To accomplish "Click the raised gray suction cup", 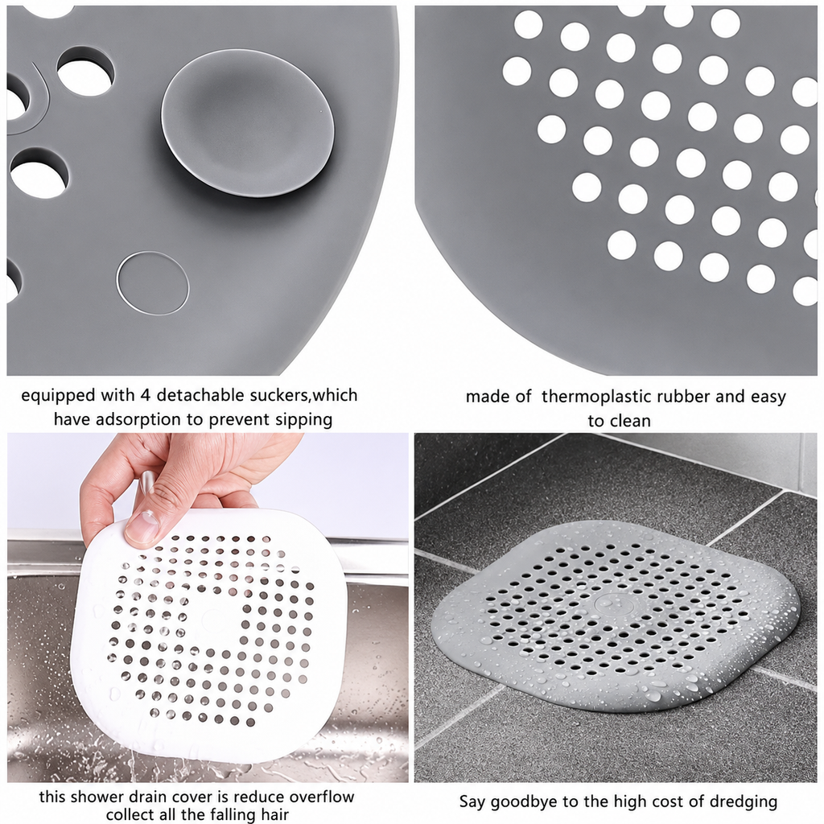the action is click(x=248, y=124).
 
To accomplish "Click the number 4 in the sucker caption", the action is click(x=145, y=395).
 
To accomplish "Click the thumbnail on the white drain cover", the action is click(x=142, y=529).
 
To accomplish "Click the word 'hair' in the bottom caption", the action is click(x=274, y=814).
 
